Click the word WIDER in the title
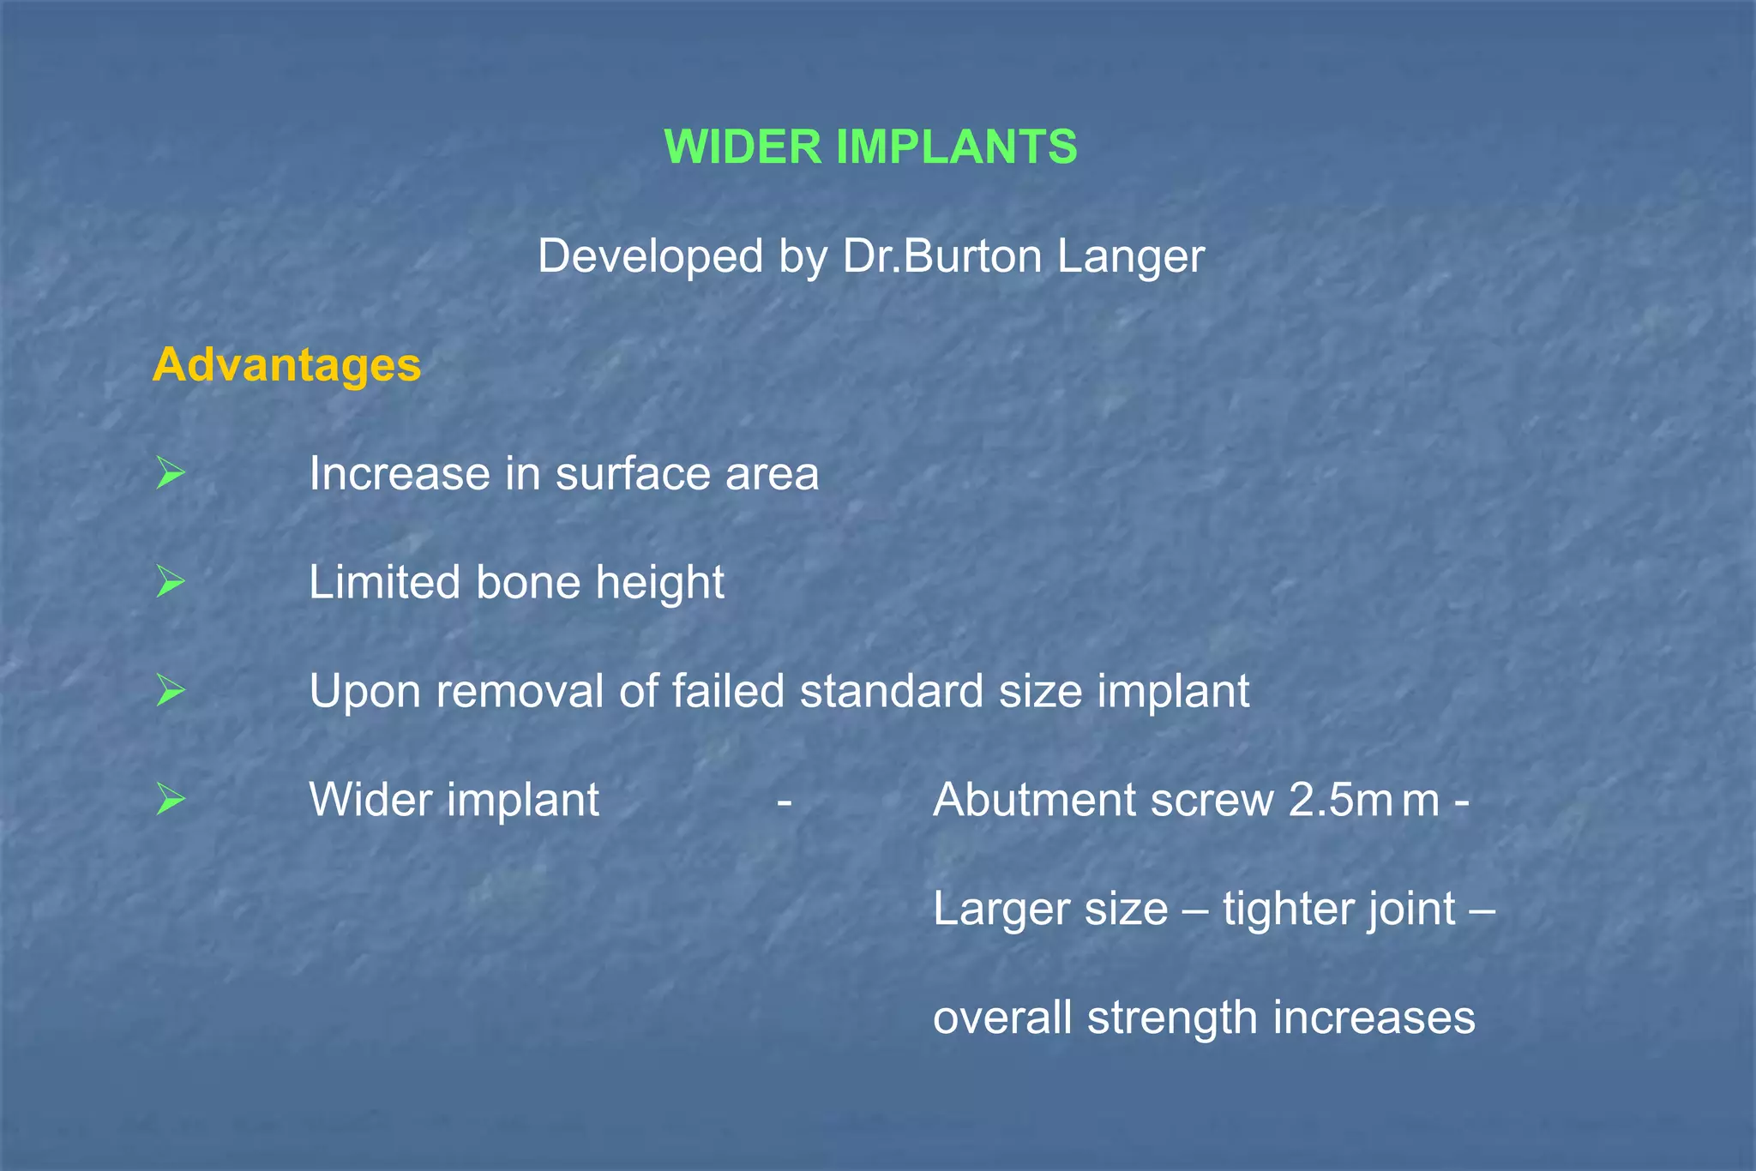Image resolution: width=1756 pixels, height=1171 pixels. [743, 147]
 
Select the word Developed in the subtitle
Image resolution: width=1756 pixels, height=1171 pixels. [650, 256]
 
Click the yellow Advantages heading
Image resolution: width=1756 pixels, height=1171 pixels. [286, 364]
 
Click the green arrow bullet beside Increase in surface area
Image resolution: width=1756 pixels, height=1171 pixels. [171, 473]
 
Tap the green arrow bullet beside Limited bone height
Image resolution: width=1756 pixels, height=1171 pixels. [171, 583]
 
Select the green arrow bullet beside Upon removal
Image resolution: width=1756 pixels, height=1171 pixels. [171, 691]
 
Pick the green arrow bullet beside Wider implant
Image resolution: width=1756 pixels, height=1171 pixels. [171, 800]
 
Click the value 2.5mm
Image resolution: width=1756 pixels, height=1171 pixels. [1363, 801]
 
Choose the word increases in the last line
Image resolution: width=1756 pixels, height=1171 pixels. [1374, 1018]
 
